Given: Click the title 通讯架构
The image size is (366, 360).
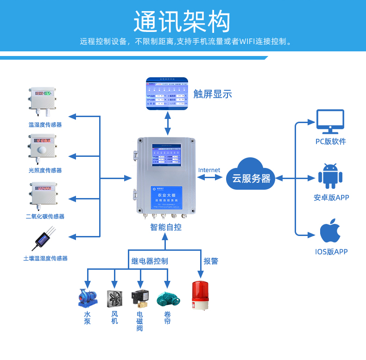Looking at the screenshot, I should pyautogui.click(x=182, y=21).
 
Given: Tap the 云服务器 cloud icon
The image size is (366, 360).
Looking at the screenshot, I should pyautogui.click(x=251, y=174).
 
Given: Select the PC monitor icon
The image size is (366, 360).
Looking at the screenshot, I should pyautogui.click(x=330, y=122).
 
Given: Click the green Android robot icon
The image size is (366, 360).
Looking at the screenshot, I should pyautogui.click(x=330, y=176).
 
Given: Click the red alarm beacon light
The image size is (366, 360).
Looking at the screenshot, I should pyautogui.click(x=200, y=295).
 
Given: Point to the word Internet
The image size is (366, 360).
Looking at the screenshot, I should pyautogui.click(x=209, y=170).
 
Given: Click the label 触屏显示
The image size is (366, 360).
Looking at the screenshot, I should pyautogui.click(x=212, y=94).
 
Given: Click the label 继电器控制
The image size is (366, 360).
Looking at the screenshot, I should pyautogui.click(x=149, y=261).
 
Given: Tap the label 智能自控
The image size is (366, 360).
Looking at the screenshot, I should pyautogui.click(x=165, y=227).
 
